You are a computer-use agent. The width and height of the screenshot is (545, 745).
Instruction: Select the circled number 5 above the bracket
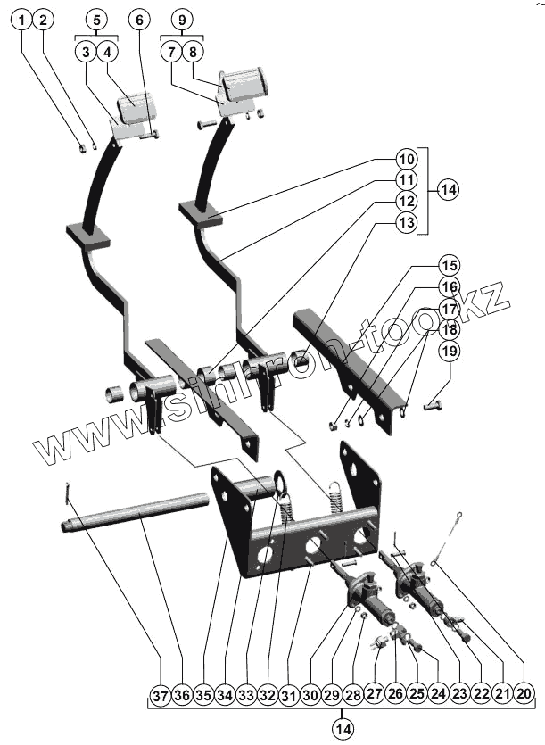95,20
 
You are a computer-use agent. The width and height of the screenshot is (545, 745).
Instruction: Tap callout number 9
182,20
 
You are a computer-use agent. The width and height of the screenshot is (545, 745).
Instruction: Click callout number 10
406,159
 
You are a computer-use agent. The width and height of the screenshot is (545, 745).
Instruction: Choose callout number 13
406,223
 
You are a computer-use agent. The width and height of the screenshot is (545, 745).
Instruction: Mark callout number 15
450,265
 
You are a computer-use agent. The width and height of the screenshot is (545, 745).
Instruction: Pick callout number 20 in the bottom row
524,691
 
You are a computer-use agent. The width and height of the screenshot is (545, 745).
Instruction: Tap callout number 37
161,691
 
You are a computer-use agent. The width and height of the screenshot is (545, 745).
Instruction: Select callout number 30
310,691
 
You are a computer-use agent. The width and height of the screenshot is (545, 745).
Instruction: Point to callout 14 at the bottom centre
343,729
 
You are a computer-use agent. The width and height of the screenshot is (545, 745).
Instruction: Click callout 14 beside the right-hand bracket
448,190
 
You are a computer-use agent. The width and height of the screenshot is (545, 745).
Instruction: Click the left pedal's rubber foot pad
135,112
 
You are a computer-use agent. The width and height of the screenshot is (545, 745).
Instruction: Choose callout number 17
450,308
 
